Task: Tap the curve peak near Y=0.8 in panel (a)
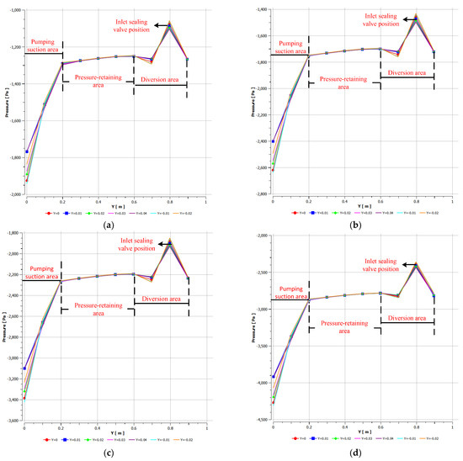click(x=170, y=24)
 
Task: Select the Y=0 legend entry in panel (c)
click(x=50, y=439)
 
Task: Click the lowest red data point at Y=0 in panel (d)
click(x=273, y=402)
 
